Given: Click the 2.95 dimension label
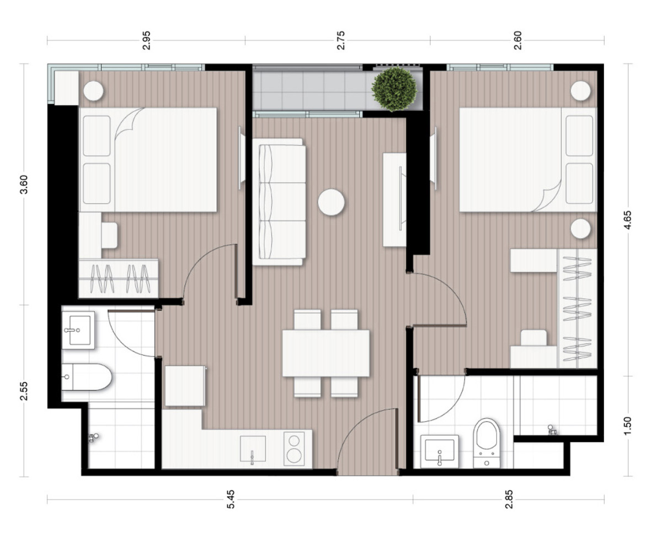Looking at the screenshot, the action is point(146,40).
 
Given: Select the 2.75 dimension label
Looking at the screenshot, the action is point(340,40).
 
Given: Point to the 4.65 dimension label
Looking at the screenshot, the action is point(627,220).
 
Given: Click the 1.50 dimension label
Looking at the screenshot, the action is point(627,426).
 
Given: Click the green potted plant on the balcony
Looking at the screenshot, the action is point(394,89).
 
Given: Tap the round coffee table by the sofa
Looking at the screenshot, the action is point(331,202).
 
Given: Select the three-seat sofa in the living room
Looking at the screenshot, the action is point(279,202).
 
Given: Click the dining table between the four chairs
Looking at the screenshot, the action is point(326,353).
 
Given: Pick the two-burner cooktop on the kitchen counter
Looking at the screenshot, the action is point(294,449).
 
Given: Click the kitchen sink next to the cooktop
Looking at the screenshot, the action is point(253,449).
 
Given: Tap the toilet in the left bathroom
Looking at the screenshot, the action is point(86,377).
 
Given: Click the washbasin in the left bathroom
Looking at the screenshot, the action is point(78,330).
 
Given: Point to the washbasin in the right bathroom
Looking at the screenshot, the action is point(440,451).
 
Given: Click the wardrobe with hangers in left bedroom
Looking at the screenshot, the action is point(119,278).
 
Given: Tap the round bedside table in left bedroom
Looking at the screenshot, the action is point(94,91).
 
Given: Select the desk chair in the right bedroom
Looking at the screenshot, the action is point(533,337).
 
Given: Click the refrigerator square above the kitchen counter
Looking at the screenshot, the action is point(185,386).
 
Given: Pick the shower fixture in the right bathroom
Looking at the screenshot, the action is point(551,429).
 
